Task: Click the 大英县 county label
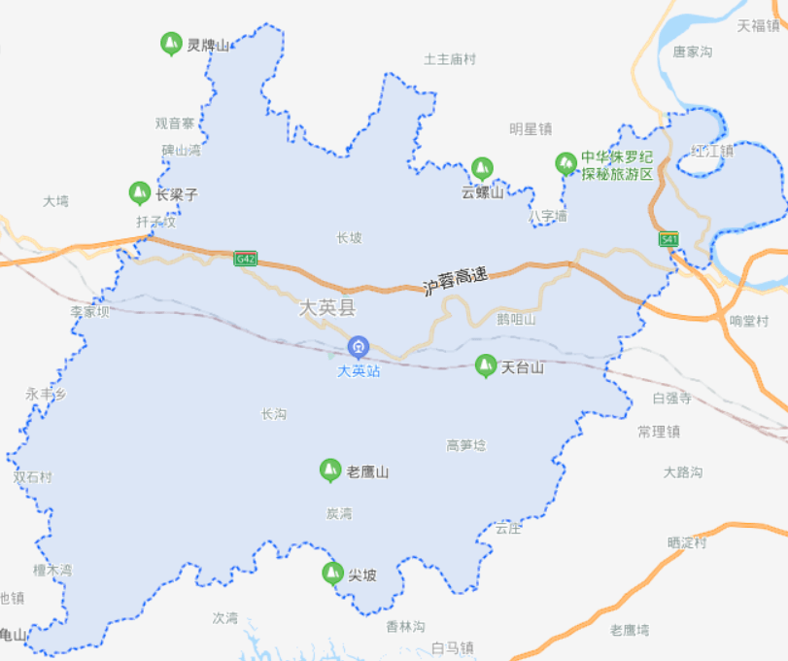click(327, 309)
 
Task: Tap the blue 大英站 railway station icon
click(359, 346)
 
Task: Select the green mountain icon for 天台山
click(484, 366)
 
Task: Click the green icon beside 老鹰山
click(330, 471)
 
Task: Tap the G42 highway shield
click(245, 259)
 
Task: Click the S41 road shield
click(668, 239)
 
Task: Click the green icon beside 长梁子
click(140, 193)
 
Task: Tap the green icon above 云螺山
click(481, 168)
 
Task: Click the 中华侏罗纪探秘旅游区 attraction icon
click(565, 163)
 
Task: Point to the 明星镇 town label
click(531, 128)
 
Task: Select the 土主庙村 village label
click(450, 59)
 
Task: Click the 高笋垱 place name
click(465, 445)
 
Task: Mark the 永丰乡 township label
click(46, 395)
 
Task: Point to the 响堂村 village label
click(748, 321)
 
